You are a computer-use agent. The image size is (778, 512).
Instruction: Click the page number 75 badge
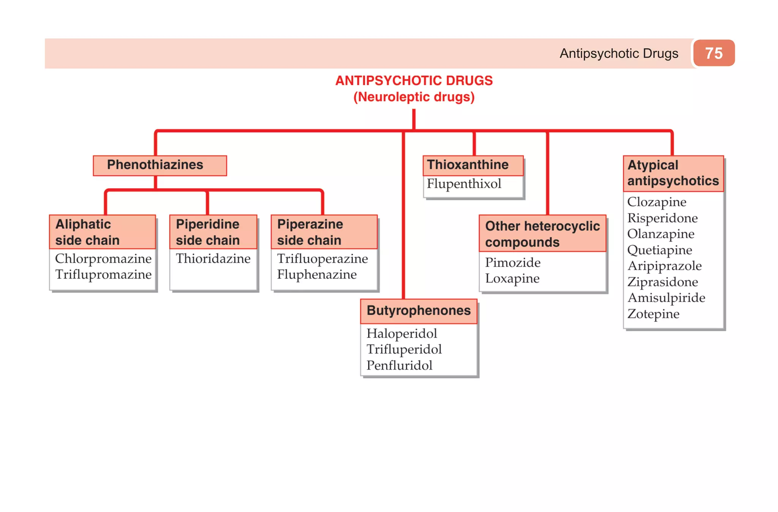[x=713, y=53]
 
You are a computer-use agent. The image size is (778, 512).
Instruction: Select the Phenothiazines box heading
[x=155, y=165]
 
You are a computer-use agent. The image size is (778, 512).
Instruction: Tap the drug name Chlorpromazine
[x=103, y=259]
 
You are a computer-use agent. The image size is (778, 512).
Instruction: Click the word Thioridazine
[x=213, y=259]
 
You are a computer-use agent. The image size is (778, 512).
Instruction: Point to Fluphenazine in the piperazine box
[x=317, y=275]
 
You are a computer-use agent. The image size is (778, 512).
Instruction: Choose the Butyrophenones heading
[x=419, y=311]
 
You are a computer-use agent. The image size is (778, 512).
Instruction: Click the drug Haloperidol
[x=402, y=333]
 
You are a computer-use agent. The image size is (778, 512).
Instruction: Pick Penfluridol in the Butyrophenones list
[x=399, y=365]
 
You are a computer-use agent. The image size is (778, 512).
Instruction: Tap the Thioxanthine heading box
[x=468, y=165]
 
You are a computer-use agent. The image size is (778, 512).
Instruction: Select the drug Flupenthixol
[x=464, y=184]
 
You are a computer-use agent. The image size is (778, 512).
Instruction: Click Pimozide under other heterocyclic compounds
[x=512, y=262]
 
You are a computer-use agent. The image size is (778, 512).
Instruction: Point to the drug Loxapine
[x=512, y=278]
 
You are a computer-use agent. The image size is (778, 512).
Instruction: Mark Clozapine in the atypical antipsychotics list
[x=656, y=202]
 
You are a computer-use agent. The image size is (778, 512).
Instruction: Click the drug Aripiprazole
[x=664, y=266]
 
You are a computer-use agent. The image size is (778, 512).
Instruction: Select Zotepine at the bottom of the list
[x=653, y=314]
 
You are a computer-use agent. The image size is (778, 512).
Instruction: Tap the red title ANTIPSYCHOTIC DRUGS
[x=414, y=81]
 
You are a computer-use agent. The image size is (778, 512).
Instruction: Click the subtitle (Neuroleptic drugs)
[x=414, y=97]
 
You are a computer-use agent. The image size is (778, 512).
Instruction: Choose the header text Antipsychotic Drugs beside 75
[x=619, y=54]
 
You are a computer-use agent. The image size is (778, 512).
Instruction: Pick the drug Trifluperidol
[x=404, y=349]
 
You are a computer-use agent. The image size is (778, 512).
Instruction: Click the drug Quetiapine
[x=659, y=250]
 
